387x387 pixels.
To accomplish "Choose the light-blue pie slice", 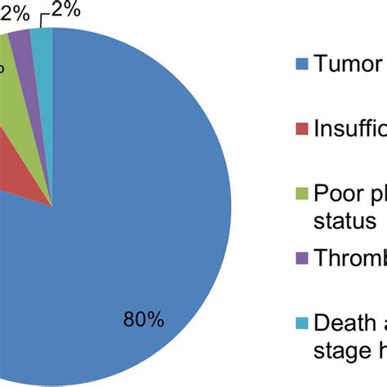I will coord(42,39).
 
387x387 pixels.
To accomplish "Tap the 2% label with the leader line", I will coord(66,11).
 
